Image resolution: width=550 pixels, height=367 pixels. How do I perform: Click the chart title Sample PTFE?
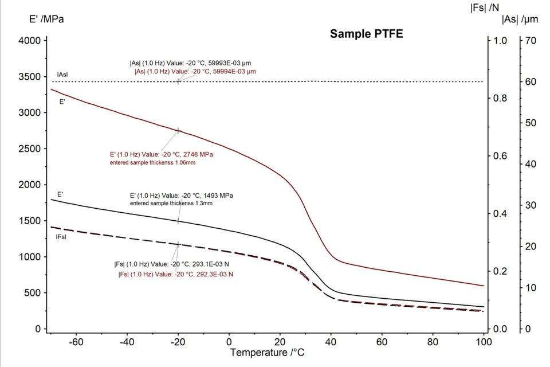(367, 34)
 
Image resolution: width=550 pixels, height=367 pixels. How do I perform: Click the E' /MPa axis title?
(47, 19)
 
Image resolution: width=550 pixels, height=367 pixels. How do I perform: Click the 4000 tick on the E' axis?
(29, 41)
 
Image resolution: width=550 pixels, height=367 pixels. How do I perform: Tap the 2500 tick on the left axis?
(29, 149)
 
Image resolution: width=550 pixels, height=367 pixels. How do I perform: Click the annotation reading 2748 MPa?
(162, 154)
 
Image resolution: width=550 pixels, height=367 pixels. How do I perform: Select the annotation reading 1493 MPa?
(181, 196)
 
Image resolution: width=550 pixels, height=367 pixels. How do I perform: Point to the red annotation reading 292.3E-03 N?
(175, 274)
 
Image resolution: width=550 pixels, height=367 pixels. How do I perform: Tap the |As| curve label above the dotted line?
(62, 75)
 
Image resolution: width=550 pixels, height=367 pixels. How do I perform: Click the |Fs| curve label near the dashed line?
(62, 237)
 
